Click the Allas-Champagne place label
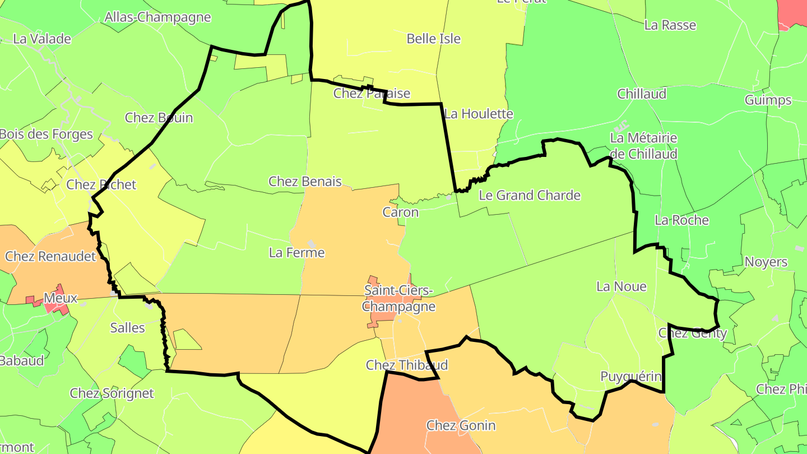pos(157,17)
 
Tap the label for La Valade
pos(42,39)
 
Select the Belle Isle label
pos(433,39)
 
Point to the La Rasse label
pos(670,25)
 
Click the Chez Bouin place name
pos(159,118)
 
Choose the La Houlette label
pos(479,114)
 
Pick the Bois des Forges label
pos(47,135)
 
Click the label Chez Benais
pos(305,182)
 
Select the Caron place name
pos(400,212)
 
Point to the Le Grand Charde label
pos(530,196)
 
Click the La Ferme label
pos(296,253)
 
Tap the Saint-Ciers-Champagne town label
pos(398,299)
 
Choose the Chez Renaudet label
pos(50,257)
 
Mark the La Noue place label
pos(621,287)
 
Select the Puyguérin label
pos(630,377)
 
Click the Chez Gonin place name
pos(461,425)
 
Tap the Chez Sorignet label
pos(112,393)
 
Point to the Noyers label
pos(766,262)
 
